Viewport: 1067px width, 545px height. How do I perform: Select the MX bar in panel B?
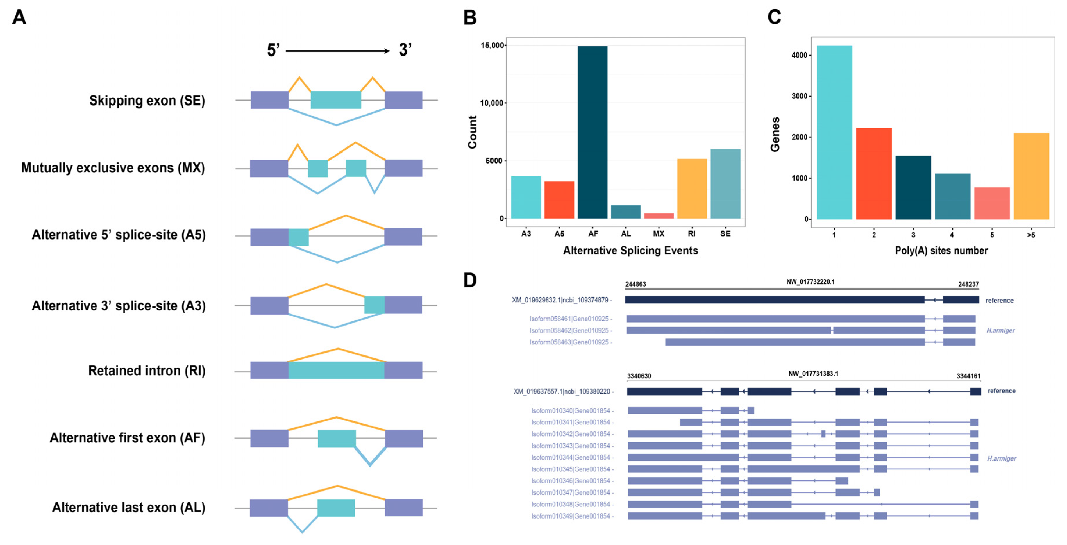coord(659,216)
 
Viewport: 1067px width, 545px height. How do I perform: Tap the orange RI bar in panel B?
coord(692,188)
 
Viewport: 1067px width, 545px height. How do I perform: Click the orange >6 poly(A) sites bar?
coord(1031,176)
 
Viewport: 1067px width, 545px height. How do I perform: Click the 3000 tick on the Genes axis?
coord(799,96)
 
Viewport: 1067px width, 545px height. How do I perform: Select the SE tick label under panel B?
coord(725,234)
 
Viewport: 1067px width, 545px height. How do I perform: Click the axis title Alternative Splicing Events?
coord(630,251)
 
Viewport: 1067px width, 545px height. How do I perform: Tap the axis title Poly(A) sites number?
coord(941,251)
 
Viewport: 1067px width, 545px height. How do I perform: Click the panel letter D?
coord(470,280)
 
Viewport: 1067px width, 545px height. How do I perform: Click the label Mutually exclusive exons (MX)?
coord(113,168)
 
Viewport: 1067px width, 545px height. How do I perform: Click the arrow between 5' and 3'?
coord(337,51)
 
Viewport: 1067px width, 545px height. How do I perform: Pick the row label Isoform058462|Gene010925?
coord(569,330)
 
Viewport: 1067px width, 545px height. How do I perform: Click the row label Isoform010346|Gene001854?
coord(571,481)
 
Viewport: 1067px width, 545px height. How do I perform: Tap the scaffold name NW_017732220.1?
coord(810,282)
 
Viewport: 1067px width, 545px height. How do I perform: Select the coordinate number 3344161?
coord(968,376)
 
